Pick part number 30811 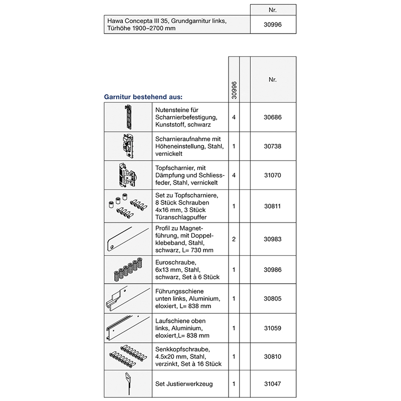tap(273, 206)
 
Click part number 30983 tap(273, 239)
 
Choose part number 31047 tap(273, 384)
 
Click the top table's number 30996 tap(273, 24)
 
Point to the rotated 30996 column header tap(234, 91)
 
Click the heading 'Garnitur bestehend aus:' tap(143, 97)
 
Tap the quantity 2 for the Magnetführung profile tap(234, 239)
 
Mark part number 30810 tap(273, 356)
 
